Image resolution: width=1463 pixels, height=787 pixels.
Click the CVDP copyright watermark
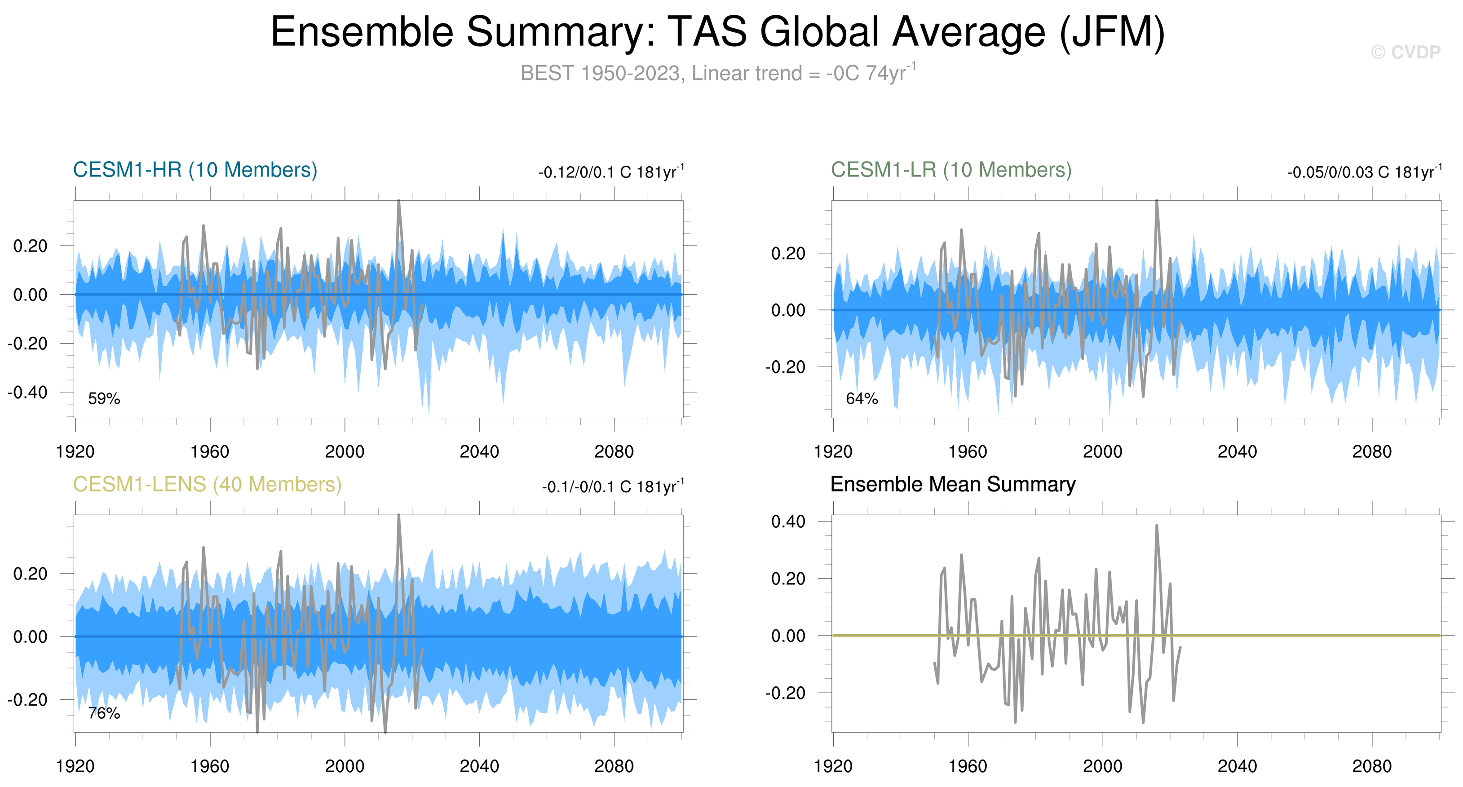point(1405,52)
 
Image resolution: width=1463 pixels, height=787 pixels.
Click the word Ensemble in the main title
point(362,32)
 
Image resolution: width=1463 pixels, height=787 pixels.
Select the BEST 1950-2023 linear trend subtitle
point(718,73)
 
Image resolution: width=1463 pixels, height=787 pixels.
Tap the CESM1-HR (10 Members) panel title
point(195,170)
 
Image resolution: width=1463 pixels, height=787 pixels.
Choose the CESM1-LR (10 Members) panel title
point(951,170)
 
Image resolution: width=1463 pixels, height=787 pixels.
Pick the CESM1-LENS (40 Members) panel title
point(207,484)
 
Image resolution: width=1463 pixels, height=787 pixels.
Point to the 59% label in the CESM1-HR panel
point(104,398)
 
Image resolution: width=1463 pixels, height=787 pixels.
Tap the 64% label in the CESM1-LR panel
point(862,398)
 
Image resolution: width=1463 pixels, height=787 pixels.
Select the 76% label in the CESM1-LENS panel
point(104,713)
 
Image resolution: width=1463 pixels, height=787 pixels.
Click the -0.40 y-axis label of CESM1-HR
point(27,392)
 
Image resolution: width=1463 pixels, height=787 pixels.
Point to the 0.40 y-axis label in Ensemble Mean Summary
point(788,521)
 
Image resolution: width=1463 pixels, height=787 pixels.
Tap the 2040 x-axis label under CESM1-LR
point(1237,452)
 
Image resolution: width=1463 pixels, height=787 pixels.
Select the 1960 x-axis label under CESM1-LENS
point(210,766)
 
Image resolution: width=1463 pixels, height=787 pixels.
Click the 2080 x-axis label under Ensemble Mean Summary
point(1371,766)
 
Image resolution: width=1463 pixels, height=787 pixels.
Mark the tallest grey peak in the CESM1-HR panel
point(399,201)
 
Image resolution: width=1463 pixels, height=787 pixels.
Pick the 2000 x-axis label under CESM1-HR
point(344,452)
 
